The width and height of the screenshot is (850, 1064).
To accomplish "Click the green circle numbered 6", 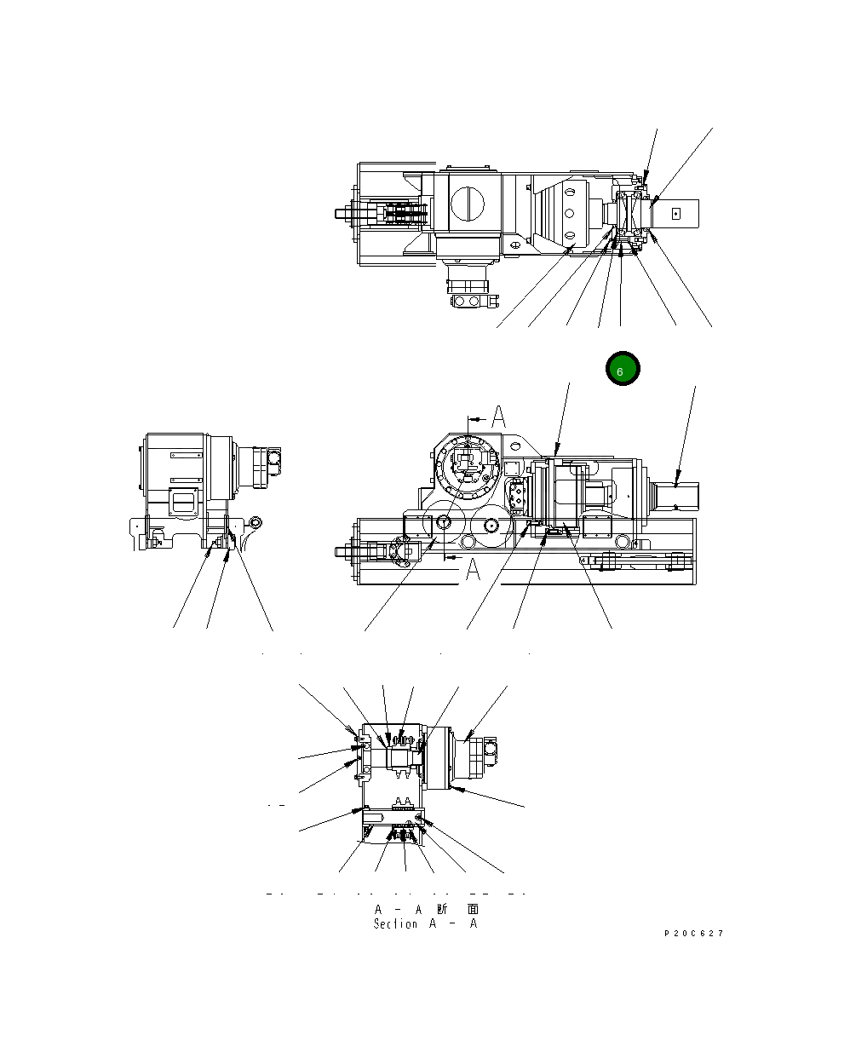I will [x=622, y=369].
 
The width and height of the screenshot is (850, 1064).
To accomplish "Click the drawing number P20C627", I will [x=693, y=934].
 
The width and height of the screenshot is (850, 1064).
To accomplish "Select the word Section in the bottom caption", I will [x=395, y=923].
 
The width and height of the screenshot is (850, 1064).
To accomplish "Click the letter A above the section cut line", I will [x=499, y=417].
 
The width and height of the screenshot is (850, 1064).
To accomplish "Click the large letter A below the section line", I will [x=474, y=571].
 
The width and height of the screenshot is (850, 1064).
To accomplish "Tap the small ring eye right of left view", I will [x=257, y=522].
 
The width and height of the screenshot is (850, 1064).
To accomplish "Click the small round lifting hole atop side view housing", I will [x=514, y=445].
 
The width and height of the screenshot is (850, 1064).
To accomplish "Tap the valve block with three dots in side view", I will [x=517, y=496].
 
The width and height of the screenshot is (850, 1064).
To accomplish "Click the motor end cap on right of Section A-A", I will [x=487, y=751].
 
